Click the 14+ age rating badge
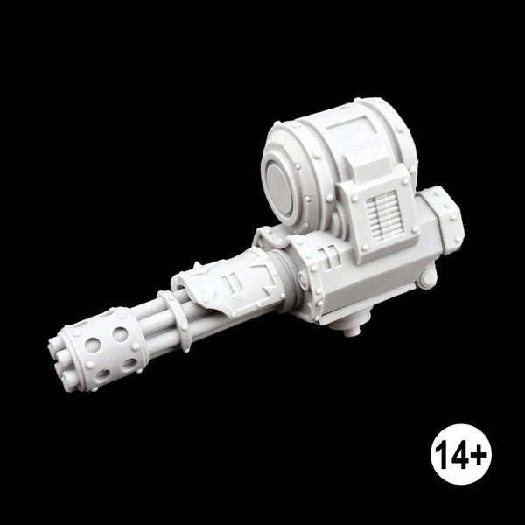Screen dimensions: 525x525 pyautogui.click(x=461, y=454)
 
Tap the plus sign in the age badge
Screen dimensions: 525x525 pyautogui.click(x=478, y=453)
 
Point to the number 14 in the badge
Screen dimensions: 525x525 pyautogui.click(x=451, y=454)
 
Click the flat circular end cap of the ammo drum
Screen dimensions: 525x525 pyautogui.click(x=280, y=190)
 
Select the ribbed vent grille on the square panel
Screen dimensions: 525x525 pyautogui.click(x=381, y=213)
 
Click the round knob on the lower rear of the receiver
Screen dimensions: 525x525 pyautogui.click(x=427, y=278)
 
